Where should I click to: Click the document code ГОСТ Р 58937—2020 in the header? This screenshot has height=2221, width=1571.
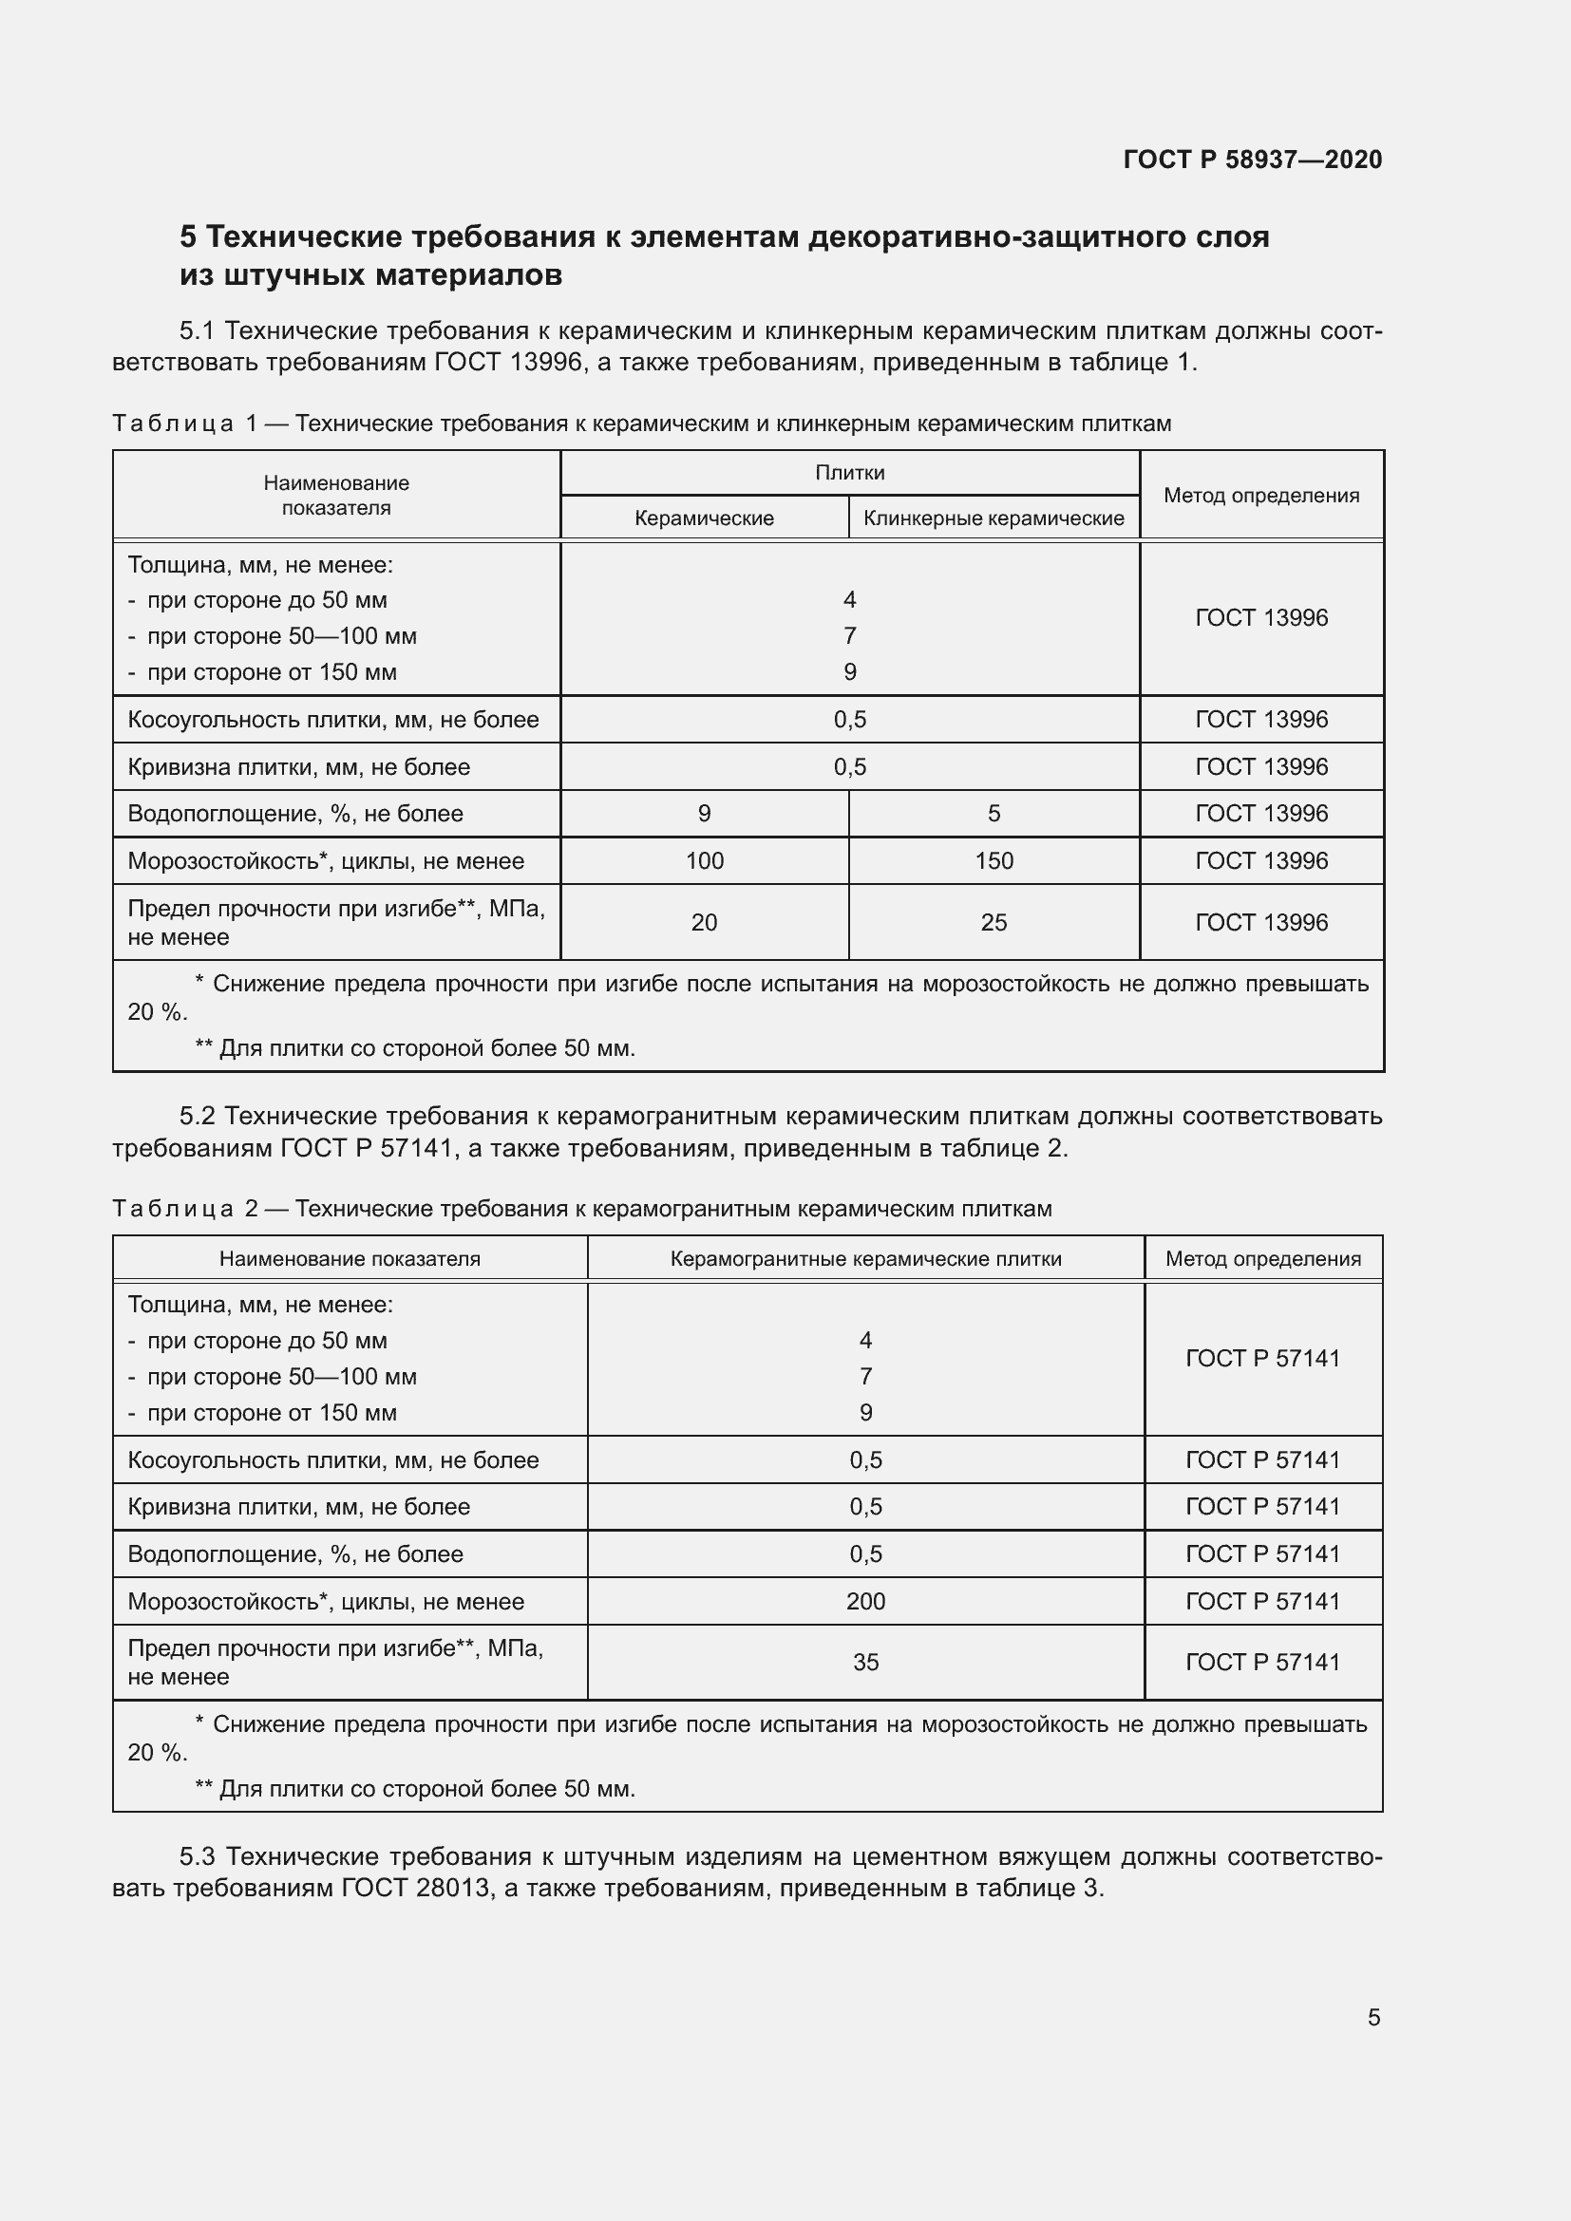pyautogui.click(x=1253, y=160)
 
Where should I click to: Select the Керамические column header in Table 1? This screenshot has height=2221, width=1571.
pyautogui.click(x=704, y=518)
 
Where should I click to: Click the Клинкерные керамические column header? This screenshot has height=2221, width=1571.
pyautogui.click(x=994, y=518)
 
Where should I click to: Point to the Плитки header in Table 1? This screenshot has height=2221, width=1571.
pyautogui.click(x=849, y=472)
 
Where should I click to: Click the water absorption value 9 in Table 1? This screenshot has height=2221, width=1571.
pyautogui.click(x=704, y=814)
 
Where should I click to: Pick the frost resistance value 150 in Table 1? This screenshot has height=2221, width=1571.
pyautogui.click(x=994, y=861)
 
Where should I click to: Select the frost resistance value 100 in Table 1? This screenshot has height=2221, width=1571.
pyautogui.click(x=704, y=861)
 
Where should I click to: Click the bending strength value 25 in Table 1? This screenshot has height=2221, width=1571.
pyautogui.click(x=994, y=923)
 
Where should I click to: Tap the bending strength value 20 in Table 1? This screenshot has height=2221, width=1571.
pyautogui.click(x=704, y=923)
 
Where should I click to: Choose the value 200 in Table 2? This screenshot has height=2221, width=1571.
pyautogui.click(x=865, y=1601)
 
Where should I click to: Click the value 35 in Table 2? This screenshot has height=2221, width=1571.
pyautogui.click(x=865, y=1662)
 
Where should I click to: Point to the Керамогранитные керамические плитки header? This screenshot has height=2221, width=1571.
pyautogui.click(x=865, y=1258)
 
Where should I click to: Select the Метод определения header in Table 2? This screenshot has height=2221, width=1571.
pyautogui.click(x=1262, y=1258)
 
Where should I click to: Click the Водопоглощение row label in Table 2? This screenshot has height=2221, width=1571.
pyautogui.click(x=295, y=1553)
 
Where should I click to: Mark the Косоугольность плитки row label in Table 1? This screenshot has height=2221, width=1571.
pyautogui.click(x=332, y=720)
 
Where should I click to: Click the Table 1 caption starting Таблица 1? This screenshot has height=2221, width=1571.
pyautogui.click(x=640, y=423)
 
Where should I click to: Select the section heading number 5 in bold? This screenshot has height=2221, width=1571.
pyautogui.click(x=189, y=237)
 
